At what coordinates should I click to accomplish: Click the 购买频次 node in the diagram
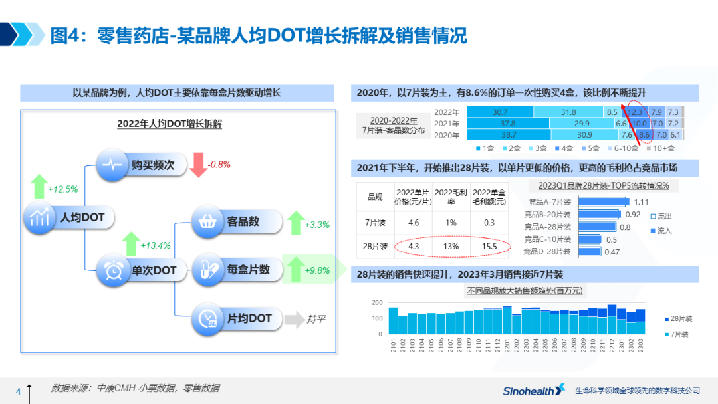pos(139,165)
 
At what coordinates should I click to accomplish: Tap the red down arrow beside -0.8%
pos(198,165)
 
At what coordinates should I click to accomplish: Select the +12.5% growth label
pos(62,189)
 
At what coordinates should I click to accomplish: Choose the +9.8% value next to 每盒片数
pos(317,270)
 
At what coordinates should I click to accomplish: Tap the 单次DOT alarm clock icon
pos(114,270)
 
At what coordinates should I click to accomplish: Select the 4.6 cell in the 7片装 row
pos(413,223)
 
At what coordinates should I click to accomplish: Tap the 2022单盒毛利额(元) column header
pos(490,197)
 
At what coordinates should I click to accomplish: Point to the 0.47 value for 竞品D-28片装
pos(612,252)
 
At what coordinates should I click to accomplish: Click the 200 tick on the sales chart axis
pos(376,303)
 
